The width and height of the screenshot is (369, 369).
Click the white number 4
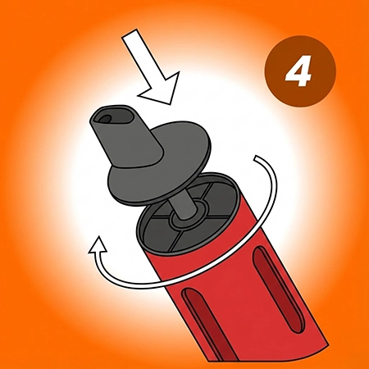298,71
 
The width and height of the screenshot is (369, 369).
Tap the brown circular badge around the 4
300,71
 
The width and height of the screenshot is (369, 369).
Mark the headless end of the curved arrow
256,157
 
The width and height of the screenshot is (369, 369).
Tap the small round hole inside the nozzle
105,118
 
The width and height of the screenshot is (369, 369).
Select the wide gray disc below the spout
160,164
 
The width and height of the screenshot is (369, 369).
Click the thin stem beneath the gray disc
182,207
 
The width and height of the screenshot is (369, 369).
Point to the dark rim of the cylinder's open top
189,213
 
